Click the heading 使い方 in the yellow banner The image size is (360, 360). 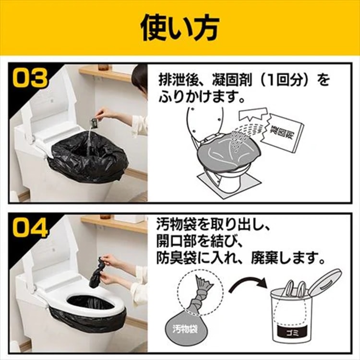coord(180,28)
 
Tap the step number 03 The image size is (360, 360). coord(30,79)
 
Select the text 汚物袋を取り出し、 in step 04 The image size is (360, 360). coord(214,224)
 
